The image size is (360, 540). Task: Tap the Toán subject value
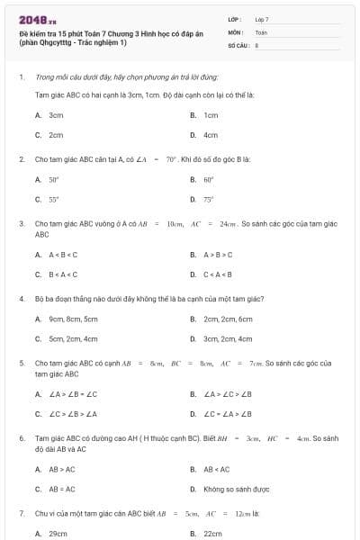coord(261,31)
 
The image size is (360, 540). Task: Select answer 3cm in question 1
coord(56,115)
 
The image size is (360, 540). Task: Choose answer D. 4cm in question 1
coord(211,135)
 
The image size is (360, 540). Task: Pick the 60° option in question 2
coord(208,179)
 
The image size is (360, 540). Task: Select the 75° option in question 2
coord(208,199)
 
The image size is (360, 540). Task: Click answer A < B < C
coord(63,254)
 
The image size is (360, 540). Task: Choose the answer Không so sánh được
coord(235,489)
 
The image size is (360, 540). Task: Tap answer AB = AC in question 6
coord(62,489)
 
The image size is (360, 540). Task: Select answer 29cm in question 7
coord(58,533)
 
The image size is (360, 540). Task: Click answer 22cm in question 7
coord(212,533)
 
